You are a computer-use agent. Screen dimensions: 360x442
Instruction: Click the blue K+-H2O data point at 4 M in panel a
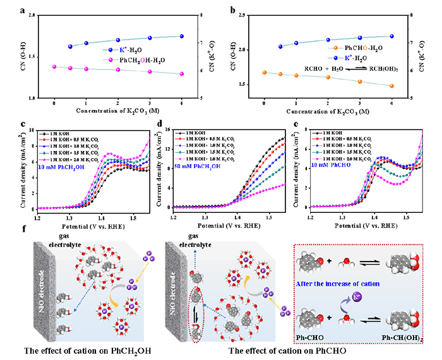click(x=181, y=37)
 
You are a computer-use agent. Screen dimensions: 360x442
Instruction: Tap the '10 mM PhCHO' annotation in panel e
click(x=328, y=165)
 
